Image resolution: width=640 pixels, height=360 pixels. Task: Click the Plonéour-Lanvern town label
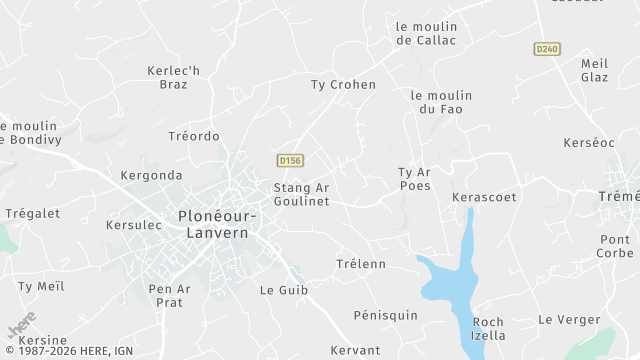[217, 224]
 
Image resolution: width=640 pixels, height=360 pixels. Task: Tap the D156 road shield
[290, 160]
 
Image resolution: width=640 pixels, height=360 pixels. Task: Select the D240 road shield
[546, 48]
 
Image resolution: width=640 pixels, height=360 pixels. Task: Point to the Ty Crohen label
[343, 85]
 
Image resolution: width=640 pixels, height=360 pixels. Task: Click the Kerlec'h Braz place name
[173, 77]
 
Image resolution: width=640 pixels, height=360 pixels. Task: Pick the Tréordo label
[194, 136]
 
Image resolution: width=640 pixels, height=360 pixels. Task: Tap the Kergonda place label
[151, 175]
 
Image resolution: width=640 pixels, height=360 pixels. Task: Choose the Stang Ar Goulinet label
[301, 194]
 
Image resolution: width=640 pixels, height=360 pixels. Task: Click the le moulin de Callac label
[426, 33]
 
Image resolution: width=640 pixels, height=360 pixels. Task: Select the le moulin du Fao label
[441, 102]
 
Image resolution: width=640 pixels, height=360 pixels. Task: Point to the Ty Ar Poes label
[414, 179]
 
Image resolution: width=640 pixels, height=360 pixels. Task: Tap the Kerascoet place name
[484, 197]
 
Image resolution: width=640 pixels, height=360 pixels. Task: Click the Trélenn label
[360, 264]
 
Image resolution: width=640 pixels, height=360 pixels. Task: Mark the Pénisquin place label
[385, 315]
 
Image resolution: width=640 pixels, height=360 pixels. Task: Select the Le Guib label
[284, 290]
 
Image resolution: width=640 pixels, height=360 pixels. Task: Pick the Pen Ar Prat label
[169, 296]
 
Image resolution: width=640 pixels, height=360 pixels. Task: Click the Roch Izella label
[488, 328]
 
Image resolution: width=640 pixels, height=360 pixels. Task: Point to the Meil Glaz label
[594, 70]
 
